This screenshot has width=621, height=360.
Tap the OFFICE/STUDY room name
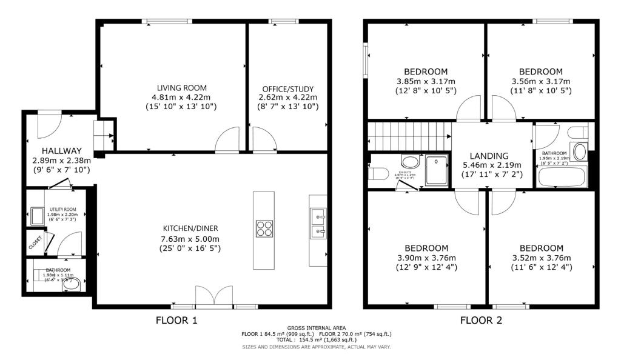click(x=288, y=89)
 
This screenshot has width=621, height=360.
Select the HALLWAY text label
click(x=61, y=151)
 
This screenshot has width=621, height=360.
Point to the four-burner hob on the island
click(x=264, y=228)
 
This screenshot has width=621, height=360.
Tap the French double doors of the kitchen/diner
click(x=214, y=298)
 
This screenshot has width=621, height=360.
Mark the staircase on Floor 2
click(x=410, y=135)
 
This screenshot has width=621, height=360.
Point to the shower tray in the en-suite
click(x=437, y=170)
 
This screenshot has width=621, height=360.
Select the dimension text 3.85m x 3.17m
click(x=426, y=81)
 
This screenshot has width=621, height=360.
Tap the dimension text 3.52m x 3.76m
click(x=541, y=258)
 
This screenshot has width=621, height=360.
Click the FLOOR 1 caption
click(x=176, y=319)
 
